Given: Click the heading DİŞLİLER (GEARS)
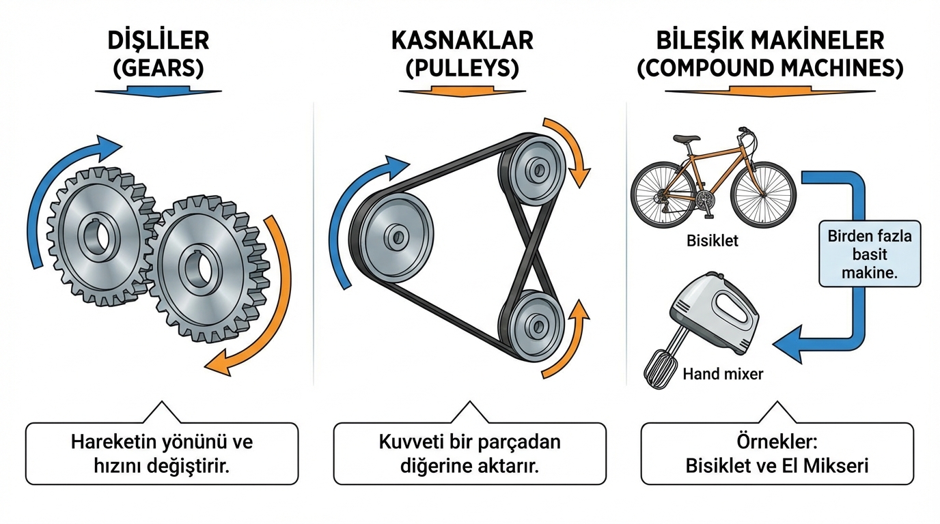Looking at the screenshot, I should pos(158,54).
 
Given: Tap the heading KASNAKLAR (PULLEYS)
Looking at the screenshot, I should pos(462,54).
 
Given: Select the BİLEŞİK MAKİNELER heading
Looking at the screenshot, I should pos(770,54).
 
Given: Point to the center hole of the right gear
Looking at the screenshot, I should pos(199,267).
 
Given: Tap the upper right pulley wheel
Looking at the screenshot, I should pos(535,168).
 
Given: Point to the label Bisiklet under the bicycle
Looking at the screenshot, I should pos(713,241).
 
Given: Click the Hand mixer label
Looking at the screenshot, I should pos(723,374).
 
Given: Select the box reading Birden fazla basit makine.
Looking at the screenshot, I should pos(870,253).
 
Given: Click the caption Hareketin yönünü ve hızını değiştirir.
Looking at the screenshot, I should pos(162,453).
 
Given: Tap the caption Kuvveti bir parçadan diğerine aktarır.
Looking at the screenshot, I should pos(469,453).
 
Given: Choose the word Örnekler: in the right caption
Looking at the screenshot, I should pos(777,442).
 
